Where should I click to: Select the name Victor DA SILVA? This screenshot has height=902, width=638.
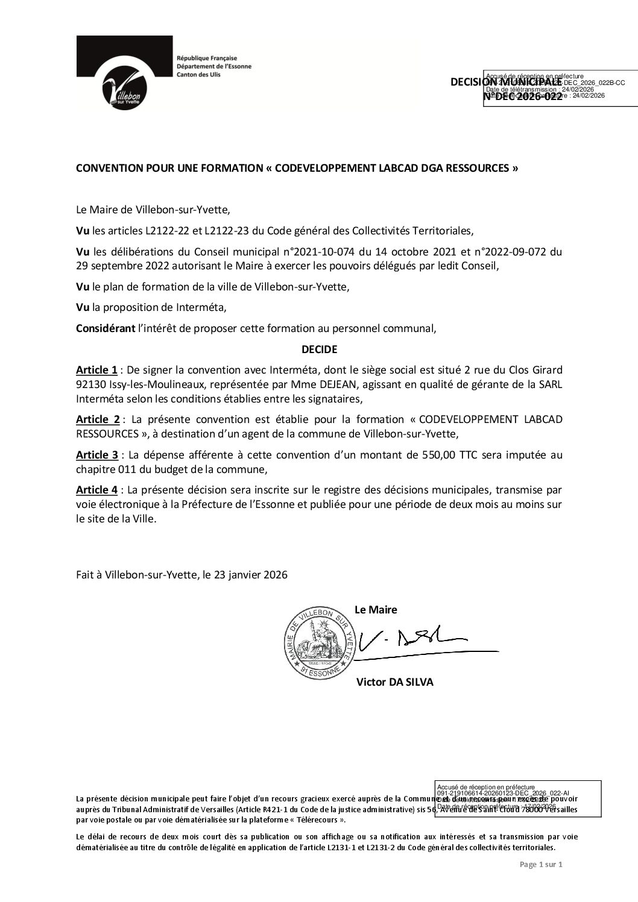pos(394,682)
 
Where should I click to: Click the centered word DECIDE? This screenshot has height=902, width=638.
pos(319,349)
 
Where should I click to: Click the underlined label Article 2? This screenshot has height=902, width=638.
pos(97,419)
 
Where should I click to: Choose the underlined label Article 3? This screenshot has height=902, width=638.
pos(97,455)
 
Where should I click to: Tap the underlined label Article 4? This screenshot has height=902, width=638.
pos(97,491)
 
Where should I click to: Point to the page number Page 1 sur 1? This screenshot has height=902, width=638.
pos(541,865)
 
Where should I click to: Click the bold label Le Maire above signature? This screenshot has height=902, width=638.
pos(376,609)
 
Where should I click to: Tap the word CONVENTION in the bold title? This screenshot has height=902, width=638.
pos(107,169)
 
